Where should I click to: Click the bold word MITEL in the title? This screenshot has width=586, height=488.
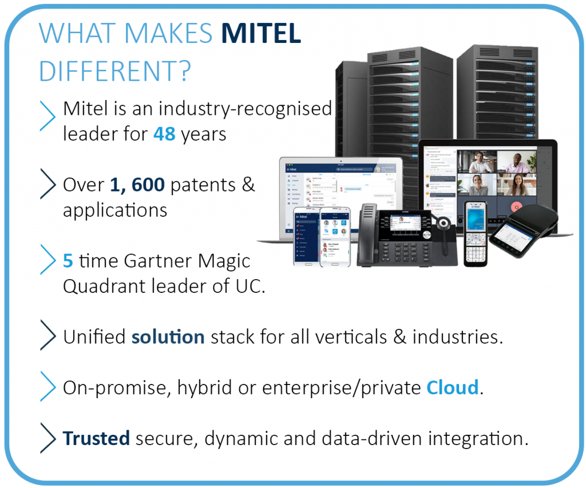pos(261,34)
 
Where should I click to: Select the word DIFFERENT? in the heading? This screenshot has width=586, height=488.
pos(114,72)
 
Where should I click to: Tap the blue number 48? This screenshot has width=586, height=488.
pos(164,134)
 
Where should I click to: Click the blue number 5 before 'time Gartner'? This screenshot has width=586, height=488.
pos(68,261)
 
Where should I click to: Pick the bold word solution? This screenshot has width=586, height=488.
pos(168,337)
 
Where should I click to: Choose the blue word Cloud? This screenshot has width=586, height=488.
pos(452,388)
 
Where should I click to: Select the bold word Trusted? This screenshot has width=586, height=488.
pos(96,438)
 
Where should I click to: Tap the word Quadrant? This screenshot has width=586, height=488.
pos(103,286)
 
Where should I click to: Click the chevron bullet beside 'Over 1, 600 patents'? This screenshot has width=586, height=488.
pos(48,184)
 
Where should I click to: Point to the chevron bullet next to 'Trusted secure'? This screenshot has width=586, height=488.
pos(48,438)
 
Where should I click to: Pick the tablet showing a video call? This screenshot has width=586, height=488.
pos(487,172)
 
